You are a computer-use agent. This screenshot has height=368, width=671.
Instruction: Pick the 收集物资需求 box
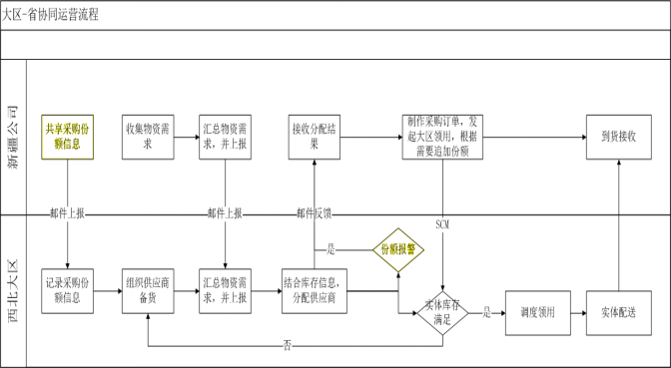point(148,135)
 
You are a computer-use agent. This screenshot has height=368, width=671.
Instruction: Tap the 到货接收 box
point(618,135)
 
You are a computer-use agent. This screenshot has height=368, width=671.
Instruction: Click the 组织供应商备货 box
point(148,290)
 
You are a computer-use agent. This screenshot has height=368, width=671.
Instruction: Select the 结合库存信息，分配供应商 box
point(315,290)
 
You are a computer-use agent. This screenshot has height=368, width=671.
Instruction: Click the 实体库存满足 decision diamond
point(442,312)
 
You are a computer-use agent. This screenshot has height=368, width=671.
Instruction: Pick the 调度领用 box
point(537,312)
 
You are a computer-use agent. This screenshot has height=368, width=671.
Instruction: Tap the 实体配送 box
point(618,312)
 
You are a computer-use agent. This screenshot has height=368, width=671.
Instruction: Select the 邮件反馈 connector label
point(315,213)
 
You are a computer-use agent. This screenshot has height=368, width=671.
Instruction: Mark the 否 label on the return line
point(288,344)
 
